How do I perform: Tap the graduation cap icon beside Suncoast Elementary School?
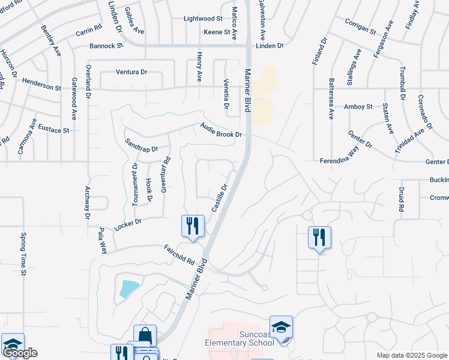click(280, 327)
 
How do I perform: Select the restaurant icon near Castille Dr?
click(193, 226)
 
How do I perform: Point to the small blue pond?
click(130, 289)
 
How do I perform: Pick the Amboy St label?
click(358, 107)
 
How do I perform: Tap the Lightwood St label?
click(203, 19)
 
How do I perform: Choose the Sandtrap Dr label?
click(141, 145)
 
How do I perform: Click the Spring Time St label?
click(24, 254)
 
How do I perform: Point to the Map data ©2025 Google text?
click(412, 355)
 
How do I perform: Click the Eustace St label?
click(54, 129)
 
